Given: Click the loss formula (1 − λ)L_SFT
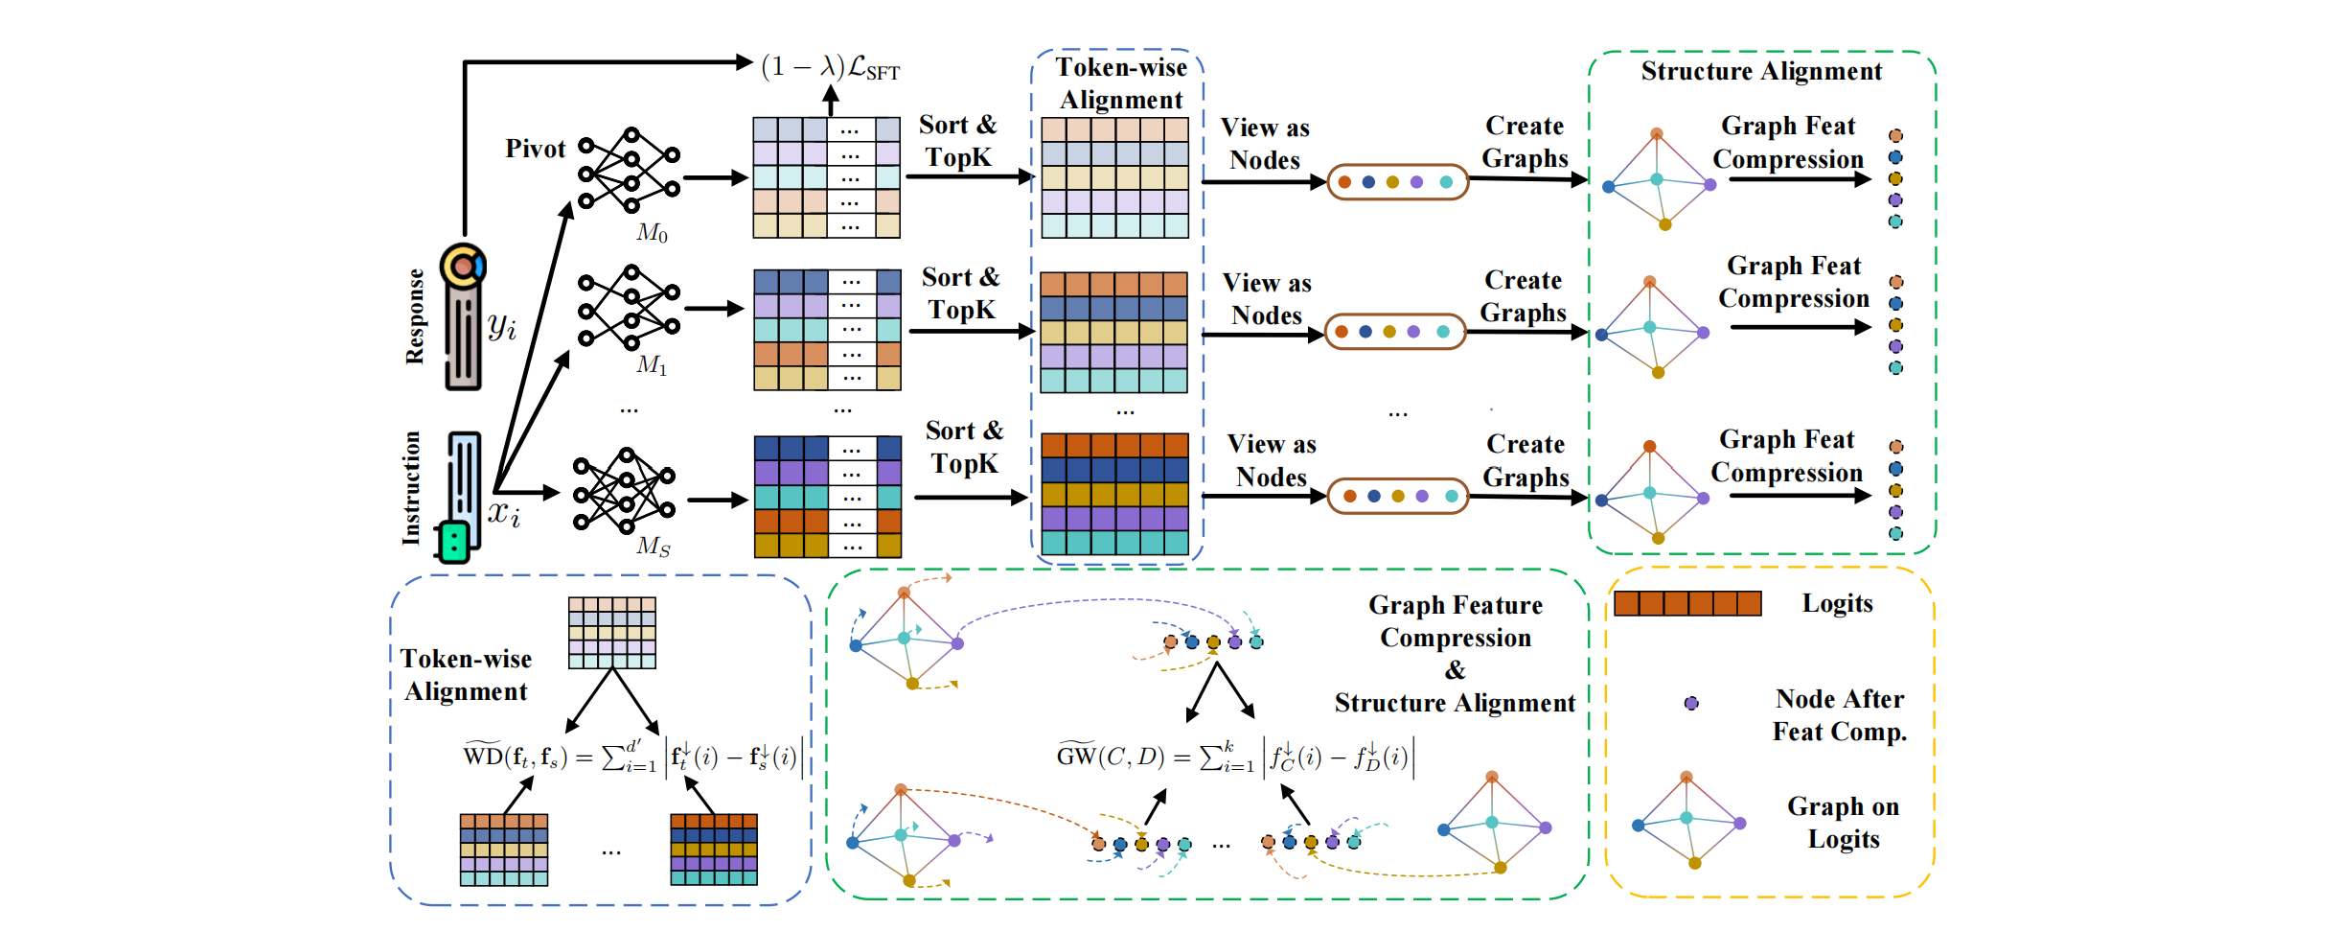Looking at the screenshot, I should tap(830, 67).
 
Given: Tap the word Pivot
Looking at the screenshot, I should tap(536, 149).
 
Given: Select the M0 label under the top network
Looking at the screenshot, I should tap(652, 233).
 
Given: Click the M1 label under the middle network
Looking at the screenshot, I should tap(652, 365).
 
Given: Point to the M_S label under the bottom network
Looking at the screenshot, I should tap(653, 547).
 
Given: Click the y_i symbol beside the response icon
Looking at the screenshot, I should tap(502, 326).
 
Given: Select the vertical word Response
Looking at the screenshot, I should tap(415, 316).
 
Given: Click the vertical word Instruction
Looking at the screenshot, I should tap(411, 488).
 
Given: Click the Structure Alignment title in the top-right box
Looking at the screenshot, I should tap(1761, 71).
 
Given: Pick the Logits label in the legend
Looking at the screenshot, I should tap(1837, 603).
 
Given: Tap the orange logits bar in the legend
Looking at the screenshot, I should tap(1687, 603).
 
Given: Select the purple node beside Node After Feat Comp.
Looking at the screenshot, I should tap(1691, 703).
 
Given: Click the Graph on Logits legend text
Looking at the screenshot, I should tap(1843, 823).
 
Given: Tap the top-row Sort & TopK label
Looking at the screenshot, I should tap(958, 141).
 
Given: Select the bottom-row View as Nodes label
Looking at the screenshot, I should tap(1272, 460).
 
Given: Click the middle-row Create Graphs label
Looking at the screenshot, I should tap(1523, 296).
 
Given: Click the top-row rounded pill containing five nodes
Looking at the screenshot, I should tap(1397, 181).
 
